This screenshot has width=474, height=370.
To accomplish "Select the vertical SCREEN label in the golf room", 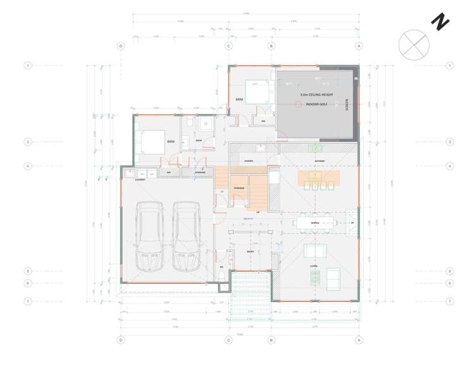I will click(346, 104).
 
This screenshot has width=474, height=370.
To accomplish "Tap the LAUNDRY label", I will click(140, 180).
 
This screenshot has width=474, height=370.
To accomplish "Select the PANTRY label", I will click(249, 161).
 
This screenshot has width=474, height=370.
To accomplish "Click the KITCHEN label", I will click(320, 161).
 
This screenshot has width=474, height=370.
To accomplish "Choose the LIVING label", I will click(313, 267).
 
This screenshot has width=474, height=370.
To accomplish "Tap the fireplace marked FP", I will click(352, 223).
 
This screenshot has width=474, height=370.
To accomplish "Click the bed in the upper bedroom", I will click(255, 94).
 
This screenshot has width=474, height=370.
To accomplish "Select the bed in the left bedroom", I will click(149, 140).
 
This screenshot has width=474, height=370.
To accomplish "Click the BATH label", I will click(198, 140).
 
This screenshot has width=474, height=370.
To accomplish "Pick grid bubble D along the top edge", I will click(121, 46).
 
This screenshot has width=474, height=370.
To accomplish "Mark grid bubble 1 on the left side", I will click(28, 66).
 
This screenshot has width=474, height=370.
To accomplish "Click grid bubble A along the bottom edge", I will click(359, 340).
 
